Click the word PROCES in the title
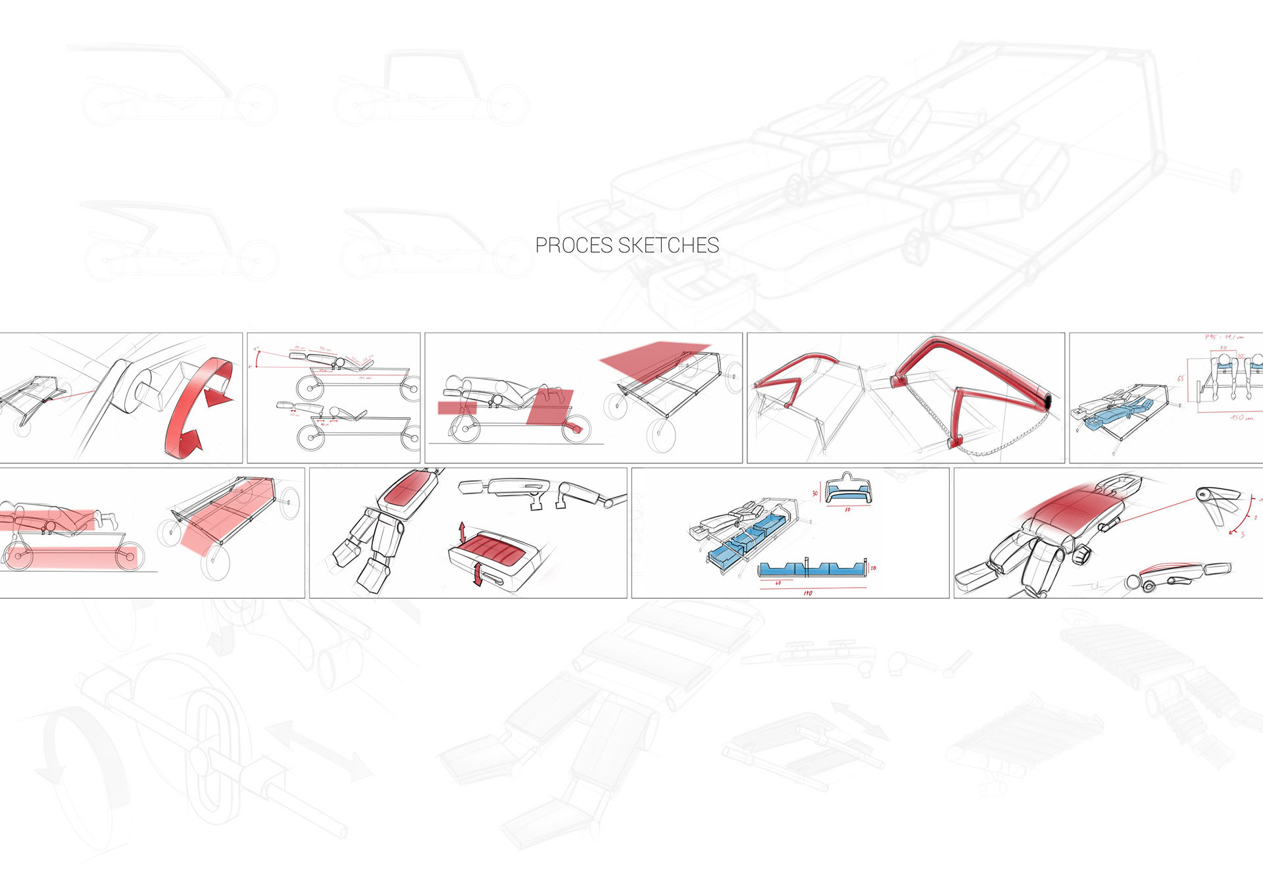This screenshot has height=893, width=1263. pos(574,245)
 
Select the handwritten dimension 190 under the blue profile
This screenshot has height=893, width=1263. pos(808,593)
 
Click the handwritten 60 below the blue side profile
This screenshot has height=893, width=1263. pos(778,582)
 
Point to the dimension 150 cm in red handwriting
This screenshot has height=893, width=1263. pos(1242,418)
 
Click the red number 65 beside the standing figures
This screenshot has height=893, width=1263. pos(1180,378)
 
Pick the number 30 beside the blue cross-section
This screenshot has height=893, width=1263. pos(814,493)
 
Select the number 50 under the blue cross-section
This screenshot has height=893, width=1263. pos(847,509)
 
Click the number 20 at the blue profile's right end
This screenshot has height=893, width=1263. pos(873,568)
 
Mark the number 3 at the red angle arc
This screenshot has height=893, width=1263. pos(1242,535)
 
